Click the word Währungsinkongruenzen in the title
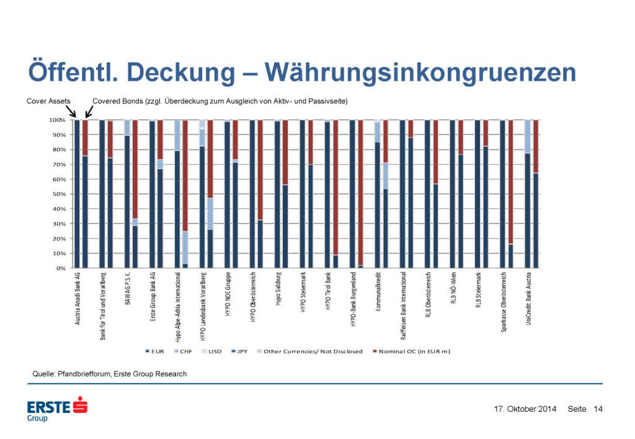tap(421, 72)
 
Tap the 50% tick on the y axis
tap(58, 194)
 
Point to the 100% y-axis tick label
tap(57, 120)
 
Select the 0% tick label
tap(60, 269)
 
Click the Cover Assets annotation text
tap(48, 100)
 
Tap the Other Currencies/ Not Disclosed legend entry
tap(312, 352)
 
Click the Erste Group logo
tap(57, 409)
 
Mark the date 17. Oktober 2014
tap(525, 409)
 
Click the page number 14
tap(598, 409)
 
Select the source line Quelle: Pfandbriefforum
tap(109, 374)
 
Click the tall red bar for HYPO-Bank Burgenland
tap(360, 192)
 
